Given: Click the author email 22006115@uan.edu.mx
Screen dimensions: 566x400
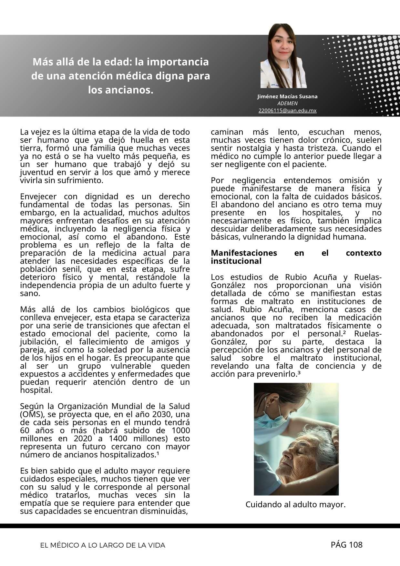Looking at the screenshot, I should coord(287,111).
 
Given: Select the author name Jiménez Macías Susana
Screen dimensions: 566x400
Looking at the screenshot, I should coord(287,96).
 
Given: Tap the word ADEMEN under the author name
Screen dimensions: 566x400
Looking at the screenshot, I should coord(287,104).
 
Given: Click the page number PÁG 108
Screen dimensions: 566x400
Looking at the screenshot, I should coord(346,545).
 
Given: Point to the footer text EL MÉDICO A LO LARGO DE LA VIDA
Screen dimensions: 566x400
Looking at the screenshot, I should coord(103,545).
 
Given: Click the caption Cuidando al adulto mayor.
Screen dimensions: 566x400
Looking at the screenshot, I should coord(295,504).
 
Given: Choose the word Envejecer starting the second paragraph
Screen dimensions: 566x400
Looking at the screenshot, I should coord(38,197).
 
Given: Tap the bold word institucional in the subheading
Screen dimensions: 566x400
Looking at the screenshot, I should coord(236,261).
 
